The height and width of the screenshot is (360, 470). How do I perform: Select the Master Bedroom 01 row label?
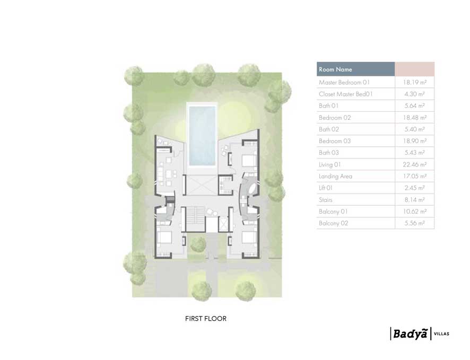coord(344,83)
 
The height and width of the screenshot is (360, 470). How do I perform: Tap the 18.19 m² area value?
coord(415,83)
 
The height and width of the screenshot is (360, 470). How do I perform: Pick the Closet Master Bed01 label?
coord(346,94)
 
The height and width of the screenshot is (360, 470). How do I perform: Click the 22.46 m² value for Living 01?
coord(415,165)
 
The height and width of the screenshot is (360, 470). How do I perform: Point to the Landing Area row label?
coord(335,177)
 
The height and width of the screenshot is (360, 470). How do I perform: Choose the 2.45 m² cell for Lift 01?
coord(415,188)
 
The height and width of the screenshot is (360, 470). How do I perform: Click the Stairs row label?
coord(326,200)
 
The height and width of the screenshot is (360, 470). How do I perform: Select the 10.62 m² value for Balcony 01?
coord(415,212)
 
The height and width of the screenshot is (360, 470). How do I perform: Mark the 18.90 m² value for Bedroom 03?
coord(415,142)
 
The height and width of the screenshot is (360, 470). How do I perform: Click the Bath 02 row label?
coord(329,129)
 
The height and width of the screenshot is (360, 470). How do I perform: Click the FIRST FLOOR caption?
coord(206,319)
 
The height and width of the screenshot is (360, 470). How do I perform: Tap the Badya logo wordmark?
coord(409,334)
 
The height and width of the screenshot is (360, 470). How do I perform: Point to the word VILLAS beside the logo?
coord(441,334)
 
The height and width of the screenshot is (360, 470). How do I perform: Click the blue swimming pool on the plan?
coord(202,135)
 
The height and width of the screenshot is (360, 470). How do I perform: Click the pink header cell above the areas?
coord(415,69)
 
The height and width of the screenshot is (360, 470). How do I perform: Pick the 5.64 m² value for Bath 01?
coord(415,106)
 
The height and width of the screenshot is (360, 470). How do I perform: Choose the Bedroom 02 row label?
coord(335,118)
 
